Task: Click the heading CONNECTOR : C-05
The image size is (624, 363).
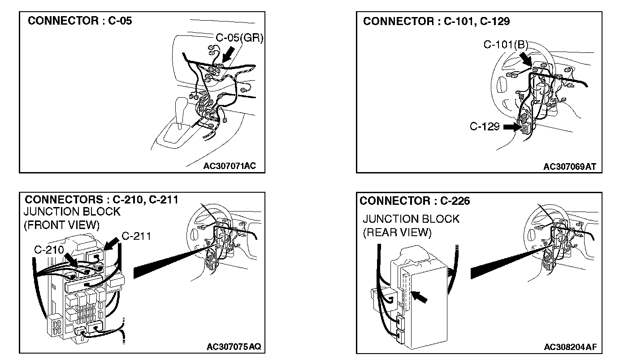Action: (x=80, y=21)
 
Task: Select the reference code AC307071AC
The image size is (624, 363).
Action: (x=230, y=166)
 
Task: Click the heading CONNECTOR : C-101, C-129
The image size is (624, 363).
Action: (x=436, y=21)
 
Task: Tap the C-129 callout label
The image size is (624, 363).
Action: (x=485, y=126)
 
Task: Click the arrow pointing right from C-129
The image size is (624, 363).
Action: (x=511, y=127)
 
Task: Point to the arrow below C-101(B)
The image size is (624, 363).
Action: (x=525, y=58)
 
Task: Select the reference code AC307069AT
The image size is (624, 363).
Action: (x=569, y=167)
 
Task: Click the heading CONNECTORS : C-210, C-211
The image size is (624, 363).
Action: (x=101, y=199)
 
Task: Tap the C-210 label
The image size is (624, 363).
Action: (x=49, y=249)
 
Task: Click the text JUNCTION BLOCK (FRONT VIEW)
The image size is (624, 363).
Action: (x=72, y=218)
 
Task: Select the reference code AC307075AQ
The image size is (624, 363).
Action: (x=234, y=347)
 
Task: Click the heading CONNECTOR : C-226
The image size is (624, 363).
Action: (x=415, y=201)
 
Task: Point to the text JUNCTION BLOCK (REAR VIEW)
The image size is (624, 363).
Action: (x=411, y=225)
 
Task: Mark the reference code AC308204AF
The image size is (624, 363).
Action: (x=570, y=347)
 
